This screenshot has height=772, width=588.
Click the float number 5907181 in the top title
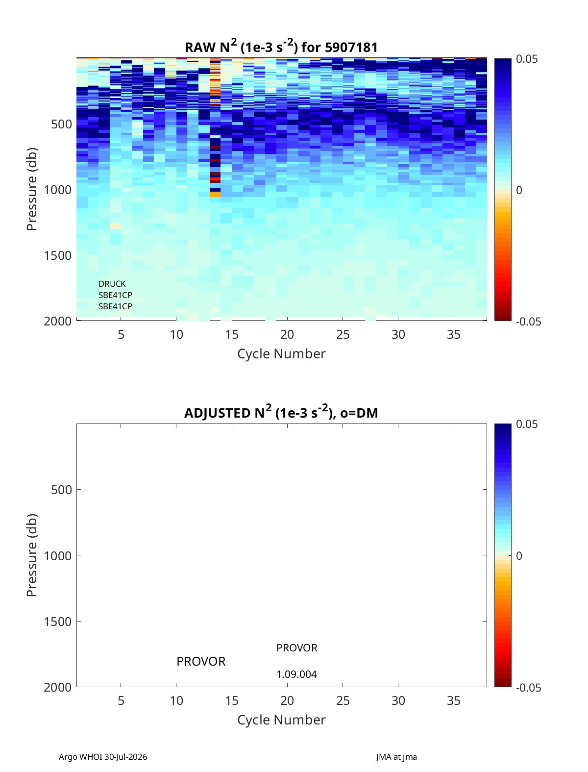point(351,48)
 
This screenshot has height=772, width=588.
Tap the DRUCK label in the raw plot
point(112,283)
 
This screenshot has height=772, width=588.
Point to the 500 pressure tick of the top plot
point(61,124)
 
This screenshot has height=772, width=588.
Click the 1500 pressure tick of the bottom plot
point(58,622)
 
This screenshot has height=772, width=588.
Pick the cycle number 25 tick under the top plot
point(343,334)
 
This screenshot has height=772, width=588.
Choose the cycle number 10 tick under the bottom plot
point(176,700)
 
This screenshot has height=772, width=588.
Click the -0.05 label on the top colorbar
point(528,321)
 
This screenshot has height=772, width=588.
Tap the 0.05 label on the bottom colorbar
point(526,424)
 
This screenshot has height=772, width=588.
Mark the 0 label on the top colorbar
point(519,190)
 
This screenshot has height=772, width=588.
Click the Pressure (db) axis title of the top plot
point(32,189)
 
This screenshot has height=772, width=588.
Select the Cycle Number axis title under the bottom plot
point(281,720)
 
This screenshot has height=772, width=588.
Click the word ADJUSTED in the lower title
point(217,413)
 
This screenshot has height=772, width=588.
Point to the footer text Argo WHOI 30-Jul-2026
point(103,757)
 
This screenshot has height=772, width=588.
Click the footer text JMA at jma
point(396,757)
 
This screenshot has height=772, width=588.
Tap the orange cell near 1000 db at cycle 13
point(215,194)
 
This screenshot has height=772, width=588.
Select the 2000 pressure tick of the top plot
point(58,321)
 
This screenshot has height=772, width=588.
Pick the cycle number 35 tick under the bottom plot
point(453,700)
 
